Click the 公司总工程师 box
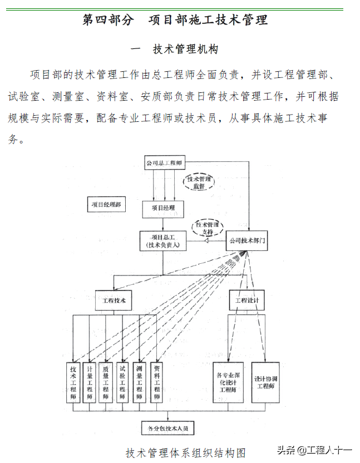pos(164,164)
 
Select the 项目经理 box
pos(163,209)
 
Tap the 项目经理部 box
pos(106,205)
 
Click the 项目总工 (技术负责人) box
pos(162,241)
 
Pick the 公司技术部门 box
pos(248,242)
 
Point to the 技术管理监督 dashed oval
pos(199,181)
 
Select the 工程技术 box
pos(114,301)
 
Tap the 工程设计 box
pos(247,301)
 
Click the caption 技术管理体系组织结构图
pos(186,452)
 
